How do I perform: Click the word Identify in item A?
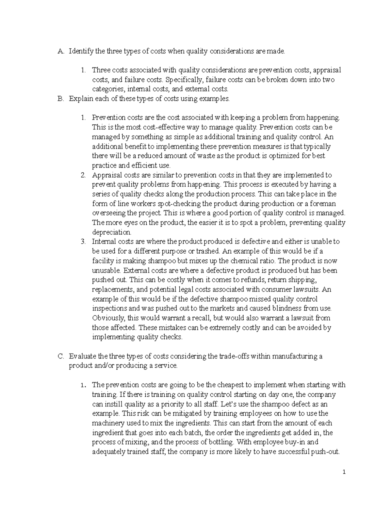click(x=81, y=51)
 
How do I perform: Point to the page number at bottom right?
click(x=344, y=472)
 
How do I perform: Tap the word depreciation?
click(x=111, y=232)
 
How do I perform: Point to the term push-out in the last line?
click(x=327, y=452)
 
